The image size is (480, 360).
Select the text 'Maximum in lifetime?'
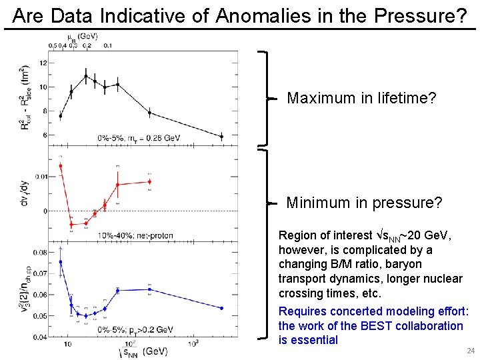coord(361,99)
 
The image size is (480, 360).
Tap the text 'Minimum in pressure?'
coord(364,203)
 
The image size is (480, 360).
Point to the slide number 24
coord(471,350)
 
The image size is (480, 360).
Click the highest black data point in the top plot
coord(85,76)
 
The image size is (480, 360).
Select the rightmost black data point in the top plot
coord(222,137)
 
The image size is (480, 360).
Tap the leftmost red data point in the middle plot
coord(61,166)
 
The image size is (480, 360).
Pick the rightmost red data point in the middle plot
coord(149,181)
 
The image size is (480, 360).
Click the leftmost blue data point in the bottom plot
coord(61,262)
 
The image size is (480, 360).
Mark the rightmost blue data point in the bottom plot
coord(222,308)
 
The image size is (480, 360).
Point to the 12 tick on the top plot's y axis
coord(43,63)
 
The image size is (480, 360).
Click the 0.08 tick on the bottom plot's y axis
coord(40,253)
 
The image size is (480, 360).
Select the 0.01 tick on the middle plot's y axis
coord(41,176)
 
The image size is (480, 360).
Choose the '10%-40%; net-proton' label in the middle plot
coord(131,235)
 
